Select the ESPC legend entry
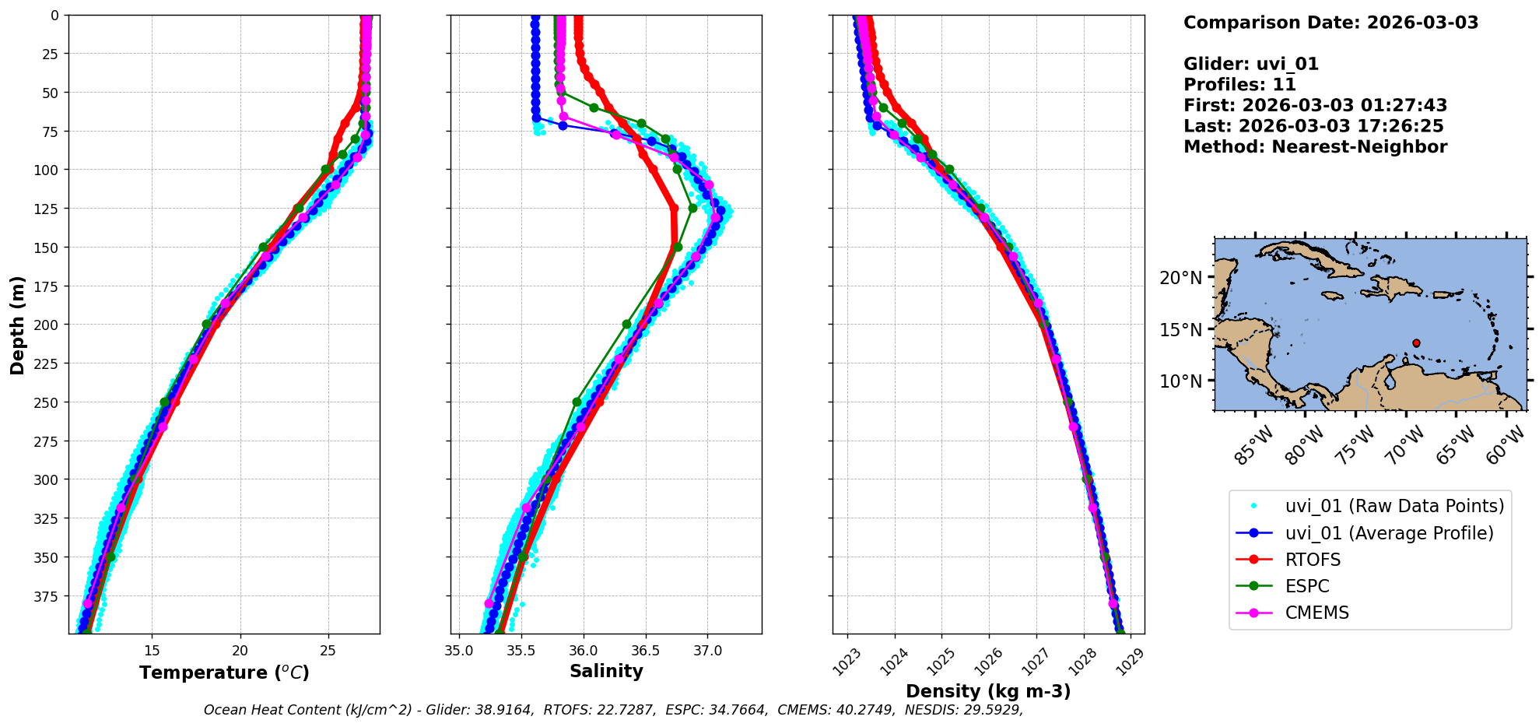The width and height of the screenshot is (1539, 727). point(1307,586)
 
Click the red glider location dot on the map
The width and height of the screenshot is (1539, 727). point(1416,343)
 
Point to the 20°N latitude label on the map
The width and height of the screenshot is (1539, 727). point(1180,278)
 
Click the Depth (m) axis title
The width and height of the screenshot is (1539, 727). point(17,325)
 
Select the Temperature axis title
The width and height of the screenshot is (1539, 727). point(224,673)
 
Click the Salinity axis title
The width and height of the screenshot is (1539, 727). point(606,672)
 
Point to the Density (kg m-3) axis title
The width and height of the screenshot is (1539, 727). point(988,691)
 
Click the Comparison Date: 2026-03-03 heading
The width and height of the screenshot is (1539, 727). point(1330,23)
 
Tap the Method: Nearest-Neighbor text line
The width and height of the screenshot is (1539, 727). point(1315,147)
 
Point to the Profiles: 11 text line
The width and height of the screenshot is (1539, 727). point(1239,85)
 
